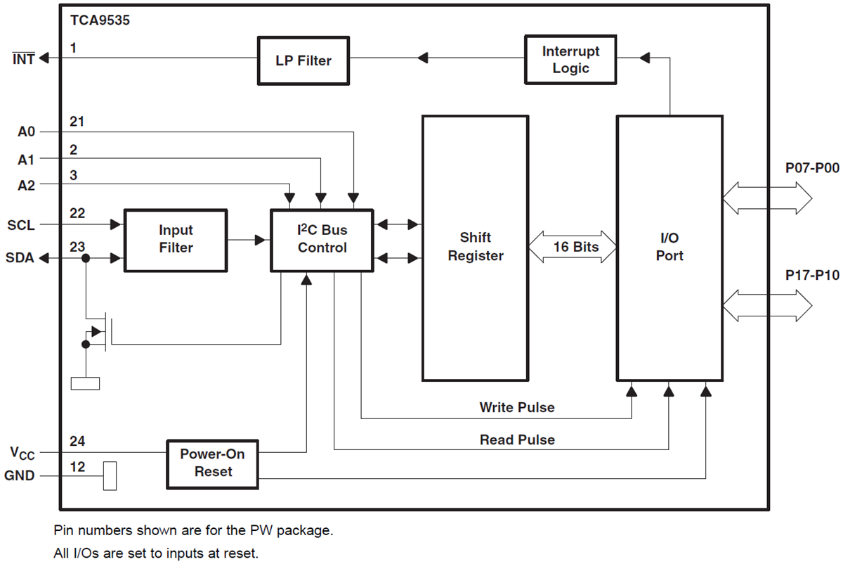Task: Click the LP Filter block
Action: [303, 60]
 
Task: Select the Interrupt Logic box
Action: [570, 60]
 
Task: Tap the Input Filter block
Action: [176, 239]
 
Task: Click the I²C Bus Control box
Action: [322, 239]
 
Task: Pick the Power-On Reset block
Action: [212, 463]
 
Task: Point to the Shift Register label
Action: [476, 247]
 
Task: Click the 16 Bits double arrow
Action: [572, 247]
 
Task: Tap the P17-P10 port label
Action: [812, 276]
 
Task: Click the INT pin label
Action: [23, 59]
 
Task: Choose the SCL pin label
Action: [20, 225]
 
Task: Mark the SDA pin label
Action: [20, 259]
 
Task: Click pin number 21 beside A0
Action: [77, 122]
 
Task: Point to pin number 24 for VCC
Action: [77, 442]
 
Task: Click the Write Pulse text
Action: [516, 407]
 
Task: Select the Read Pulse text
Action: [517, 440]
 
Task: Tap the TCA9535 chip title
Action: [100, 20]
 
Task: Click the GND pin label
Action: [20, 476]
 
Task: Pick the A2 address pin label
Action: [26, 185]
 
